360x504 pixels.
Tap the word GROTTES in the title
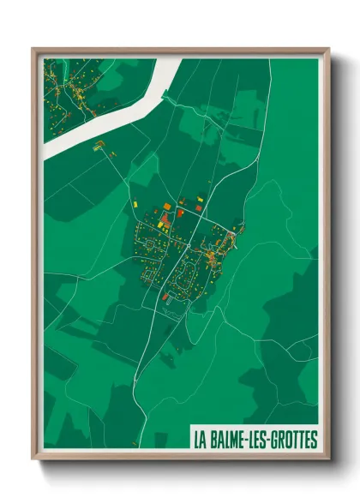[x=291, y=440]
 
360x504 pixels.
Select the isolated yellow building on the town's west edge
[x=135, y=204]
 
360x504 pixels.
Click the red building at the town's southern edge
[x=165, y=297]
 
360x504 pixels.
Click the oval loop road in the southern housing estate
[x=184, y=274]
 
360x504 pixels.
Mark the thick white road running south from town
[x=146, y=343]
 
